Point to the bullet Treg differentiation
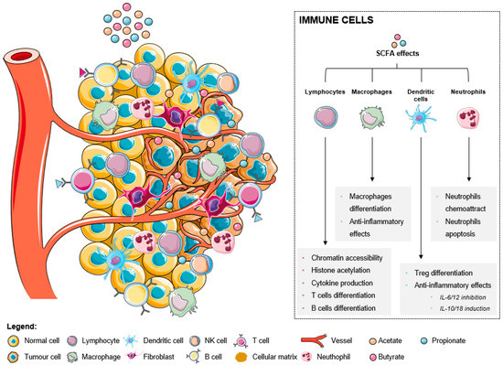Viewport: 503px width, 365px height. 441,273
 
